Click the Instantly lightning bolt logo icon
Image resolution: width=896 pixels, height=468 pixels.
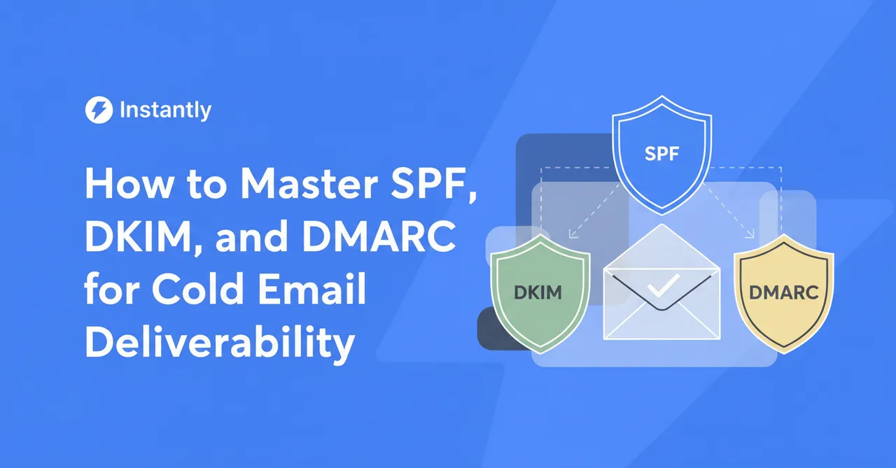98,110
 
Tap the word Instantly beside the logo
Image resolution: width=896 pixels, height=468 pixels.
165,110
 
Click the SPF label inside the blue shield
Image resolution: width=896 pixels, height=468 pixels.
661,153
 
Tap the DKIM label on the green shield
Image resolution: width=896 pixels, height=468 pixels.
538,292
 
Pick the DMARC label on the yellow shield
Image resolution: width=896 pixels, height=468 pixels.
783,292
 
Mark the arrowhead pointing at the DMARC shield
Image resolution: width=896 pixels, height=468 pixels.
752,236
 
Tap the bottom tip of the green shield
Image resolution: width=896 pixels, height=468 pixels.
538,352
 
